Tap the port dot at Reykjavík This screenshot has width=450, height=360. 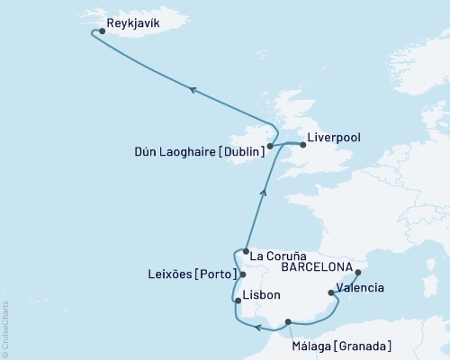102,31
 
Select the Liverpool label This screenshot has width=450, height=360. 334,139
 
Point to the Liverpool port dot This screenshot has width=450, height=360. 302,143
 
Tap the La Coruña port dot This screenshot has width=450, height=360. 246,252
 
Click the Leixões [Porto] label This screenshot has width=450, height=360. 190,274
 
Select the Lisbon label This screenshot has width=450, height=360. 261,295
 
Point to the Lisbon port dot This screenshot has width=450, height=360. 238,301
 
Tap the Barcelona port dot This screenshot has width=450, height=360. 357,272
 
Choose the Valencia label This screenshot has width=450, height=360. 361,289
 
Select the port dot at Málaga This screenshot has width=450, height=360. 288,321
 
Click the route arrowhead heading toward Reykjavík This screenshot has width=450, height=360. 192,87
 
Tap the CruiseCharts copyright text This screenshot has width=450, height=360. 5,328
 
